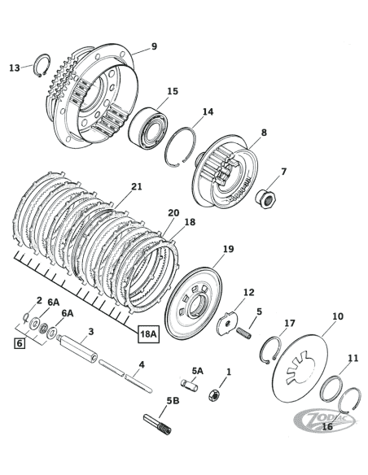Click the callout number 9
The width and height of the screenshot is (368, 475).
[x=154, y=46]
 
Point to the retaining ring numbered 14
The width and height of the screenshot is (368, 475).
[x=183, y=145]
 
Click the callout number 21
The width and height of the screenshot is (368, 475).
[x=136, y=187]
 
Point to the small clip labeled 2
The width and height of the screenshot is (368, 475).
[x=28, y=317]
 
